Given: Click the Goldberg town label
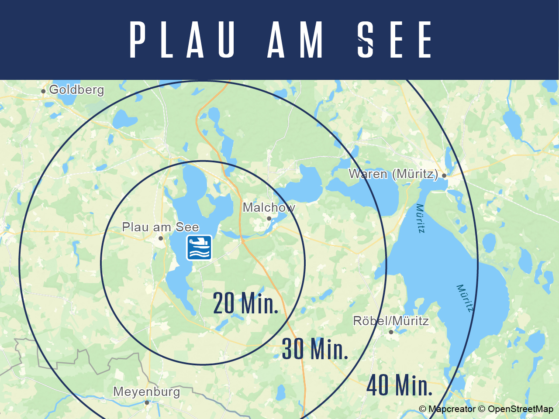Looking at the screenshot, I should [x=76, y=90].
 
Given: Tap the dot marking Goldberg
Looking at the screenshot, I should [x=43, y=91].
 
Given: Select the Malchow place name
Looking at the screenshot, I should [x=269, y=207].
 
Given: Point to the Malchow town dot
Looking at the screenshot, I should [x=269, y=219].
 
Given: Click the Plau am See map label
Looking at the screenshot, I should [x=160, y=227].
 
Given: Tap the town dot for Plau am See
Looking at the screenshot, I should [x=161, y=238].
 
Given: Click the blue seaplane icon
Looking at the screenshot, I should [x=199, y=247].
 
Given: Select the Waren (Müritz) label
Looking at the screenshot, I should [x=393, y=174].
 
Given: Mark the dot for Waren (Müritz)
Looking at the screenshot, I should [x=444, y=175].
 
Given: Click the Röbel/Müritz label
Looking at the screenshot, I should [x=390, y=321].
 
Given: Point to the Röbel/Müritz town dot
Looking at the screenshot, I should [x=391, y=332].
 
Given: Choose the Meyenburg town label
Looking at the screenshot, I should [x=146, y=392].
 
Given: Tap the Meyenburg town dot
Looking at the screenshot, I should [x=147, y=402].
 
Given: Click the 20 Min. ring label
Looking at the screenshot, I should [x=245, y=304].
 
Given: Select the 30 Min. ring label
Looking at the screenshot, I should [x=315, y=349].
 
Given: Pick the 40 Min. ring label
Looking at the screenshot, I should [x=400, y=385].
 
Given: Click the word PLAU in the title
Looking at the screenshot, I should [x=183, y=40].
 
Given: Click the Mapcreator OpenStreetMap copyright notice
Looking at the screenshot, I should [x=486, y=409].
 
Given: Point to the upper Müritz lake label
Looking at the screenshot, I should [x=420, y=218].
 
